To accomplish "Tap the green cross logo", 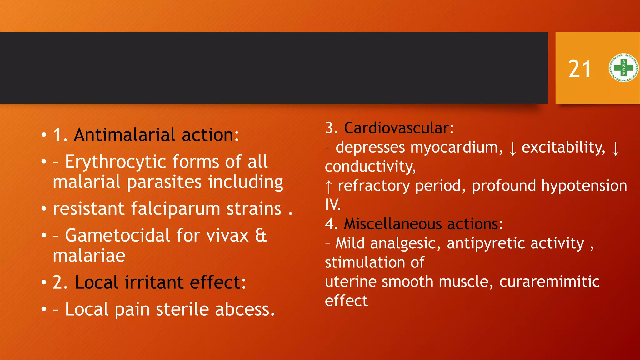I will click(x=623, y=68).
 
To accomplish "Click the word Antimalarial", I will click(x=125, y=135).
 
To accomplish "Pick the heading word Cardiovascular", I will click(x=399, y=128).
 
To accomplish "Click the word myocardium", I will click(x=457, y=147).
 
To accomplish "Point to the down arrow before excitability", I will click(x=512, y=148).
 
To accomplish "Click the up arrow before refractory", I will click(x=328, y=187).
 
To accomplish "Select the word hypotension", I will click(x=584, y=186).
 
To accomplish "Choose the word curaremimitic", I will click(x=549, y=282).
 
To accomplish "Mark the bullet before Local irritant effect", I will click(x=44, y=283).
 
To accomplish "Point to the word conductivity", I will click(x=370, y=166).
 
